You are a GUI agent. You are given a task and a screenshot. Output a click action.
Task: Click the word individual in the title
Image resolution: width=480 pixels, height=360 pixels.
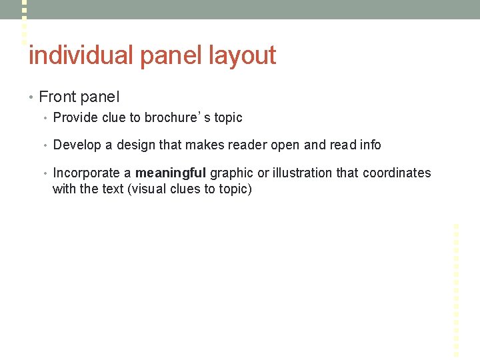click(x=80, y=55)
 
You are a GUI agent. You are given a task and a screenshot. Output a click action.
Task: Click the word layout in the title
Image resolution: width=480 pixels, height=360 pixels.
click(x=242, y=55)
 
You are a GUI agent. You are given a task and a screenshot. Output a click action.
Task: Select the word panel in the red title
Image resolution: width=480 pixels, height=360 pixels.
click(x=171, y=55)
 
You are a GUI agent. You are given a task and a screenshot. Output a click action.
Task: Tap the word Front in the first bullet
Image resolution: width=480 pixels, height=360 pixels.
click(x=57, y=97)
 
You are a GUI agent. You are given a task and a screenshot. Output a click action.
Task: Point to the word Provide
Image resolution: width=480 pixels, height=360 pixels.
click(x=73, y=118)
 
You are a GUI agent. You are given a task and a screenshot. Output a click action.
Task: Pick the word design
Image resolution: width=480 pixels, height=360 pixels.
click(x=136, y=145)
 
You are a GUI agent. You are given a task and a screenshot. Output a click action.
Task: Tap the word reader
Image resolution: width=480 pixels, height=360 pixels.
click(x=247, y=145)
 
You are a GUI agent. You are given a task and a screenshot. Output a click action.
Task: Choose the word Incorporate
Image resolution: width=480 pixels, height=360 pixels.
click(x=86, y=173)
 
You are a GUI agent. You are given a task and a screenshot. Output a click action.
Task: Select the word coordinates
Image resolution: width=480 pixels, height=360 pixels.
click(x=397, y=173)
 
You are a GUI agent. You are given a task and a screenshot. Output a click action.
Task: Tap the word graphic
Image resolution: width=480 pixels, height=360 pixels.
click(x=231, y=173)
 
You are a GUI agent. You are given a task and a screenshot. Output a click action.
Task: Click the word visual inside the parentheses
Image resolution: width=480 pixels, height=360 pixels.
click(x=155, y=189)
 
